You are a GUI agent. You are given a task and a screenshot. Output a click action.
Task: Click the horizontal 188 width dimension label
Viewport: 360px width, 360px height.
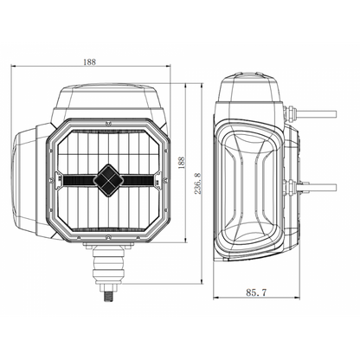click(89, 61)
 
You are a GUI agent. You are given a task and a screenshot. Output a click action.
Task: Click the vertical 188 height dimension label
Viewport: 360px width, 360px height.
click(181, 163)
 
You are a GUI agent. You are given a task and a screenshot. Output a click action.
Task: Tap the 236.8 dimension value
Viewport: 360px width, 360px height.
click(198, 183)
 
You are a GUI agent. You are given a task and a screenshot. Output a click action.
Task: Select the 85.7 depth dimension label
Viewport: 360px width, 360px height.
click(256, 292)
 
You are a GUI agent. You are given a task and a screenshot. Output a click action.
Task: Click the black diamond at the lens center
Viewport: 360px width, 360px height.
click(108, 181)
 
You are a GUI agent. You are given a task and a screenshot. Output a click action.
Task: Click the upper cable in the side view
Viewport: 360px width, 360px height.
click(318, 113)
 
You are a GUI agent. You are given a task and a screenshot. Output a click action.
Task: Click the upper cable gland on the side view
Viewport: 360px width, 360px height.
click(291, 113)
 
